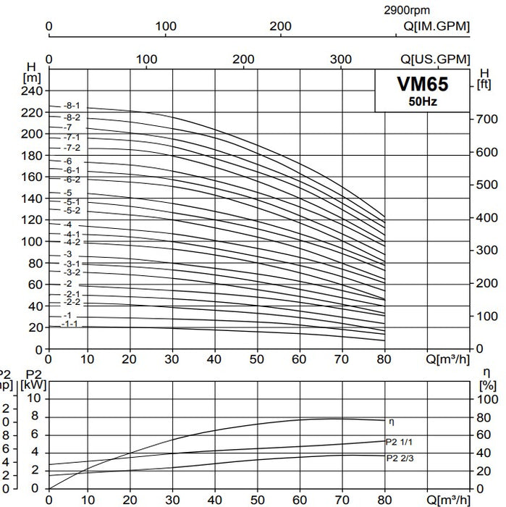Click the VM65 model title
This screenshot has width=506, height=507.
pos(422,85)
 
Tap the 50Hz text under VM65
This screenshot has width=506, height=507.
pos(422,101)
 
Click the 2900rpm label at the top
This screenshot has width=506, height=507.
pos(406,10)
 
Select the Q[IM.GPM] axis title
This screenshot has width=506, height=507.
pos(436,26)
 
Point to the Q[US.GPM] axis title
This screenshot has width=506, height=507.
pos(435,59)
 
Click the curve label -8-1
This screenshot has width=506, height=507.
pos(71,106)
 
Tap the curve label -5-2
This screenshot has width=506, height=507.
pos(71,211)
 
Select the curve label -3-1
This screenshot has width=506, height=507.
pos(71,264)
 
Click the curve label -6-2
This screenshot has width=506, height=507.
pos(71,179)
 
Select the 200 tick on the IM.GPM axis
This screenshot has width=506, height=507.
pos(281,26)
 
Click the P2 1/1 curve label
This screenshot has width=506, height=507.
pos(400,441)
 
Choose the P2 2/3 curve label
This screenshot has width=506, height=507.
pos(400,457)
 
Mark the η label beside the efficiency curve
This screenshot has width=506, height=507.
pos(392,422)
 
